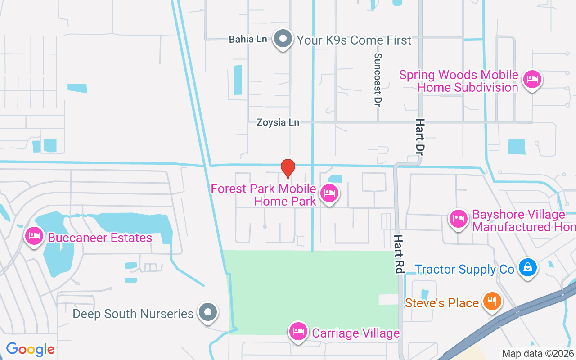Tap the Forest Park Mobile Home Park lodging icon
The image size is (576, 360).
click(x=329, y=193)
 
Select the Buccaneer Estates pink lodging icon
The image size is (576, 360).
click(x=34, y=236)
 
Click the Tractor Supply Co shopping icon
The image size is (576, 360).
click(x=527, y=267)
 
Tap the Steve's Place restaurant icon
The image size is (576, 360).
click(x=492, y=301)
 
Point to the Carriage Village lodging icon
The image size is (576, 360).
click(x=297, y=332)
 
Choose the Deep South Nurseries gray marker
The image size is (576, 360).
click(x=208, y=312)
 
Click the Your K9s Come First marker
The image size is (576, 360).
click(x=283, y=39)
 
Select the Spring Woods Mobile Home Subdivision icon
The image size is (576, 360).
click(x=532, y=80)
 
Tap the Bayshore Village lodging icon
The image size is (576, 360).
click(x=458, y=219)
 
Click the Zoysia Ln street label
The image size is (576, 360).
click(x=278, y=122)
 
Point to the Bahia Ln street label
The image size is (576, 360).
click(x=248, y=39)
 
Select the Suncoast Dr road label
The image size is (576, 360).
click(x=378, y=80)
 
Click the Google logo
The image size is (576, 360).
click(x=31, y=349)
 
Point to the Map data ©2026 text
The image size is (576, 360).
click(x=537, y=353)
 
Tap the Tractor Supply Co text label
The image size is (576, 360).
click(x=464, y=269)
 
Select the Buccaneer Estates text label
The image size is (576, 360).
click(x=100, y=238)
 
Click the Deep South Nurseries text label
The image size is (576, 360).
click(x=133, y=314)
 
